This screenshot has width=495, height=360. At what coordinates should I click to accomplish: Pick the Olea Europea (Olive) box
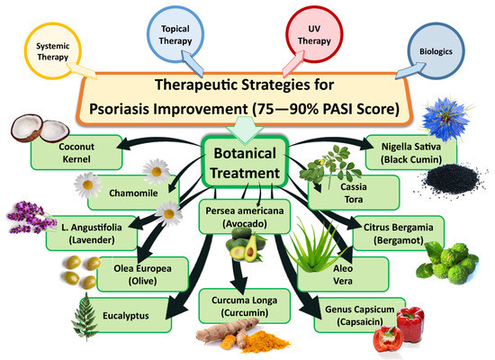point(137,273)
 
